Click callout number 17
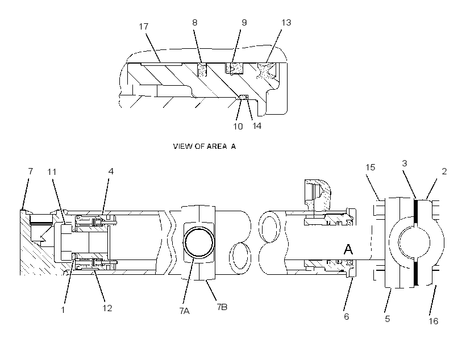[x=144, y=27]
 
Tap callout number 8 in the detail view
[x=195, y=23]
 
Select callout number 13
[x=286, y=23]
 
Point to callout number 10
[x=238, y=127]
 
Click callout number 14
[x=257, y=126]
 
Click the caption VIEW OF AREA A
[x=205, y=146]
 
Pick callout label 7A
[x=184, y=311]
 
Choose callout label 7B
[x=222, y=307]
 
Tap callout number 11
[x=52, y=171]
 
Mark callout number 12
[x=107, y=308]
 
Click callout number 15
[x=371, y=168]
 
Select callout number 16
[x=433, y=321]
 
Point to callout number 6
[x=347, y=317]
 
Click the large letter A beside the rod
[x=348, y=249]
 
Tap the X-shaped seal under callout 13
[x=265, y=70]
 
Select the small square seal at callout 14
[x=244, y=97]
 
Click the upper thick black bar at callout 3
[x=415, y=211]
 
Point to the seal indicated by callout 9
[x=234, y=68]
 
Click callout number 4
[x=111, y=171]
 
